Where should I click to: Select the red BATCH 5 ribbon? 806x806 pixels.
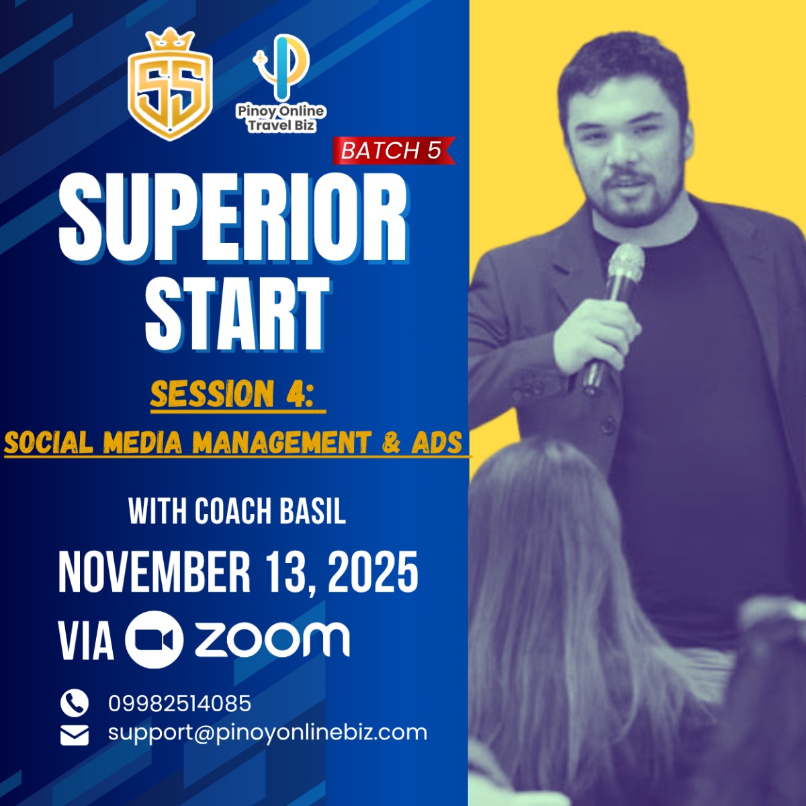pyautogui.click(x=394, y=150)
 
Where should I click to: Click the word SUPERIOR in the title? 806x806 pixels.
pyautogui.click(x=232, y=217)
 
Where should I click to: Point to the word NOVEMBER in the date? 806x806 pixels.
pyautogui.click(x=154, y=571)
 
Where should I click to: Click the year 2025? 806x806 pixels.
pyautogui.click(x=373, y=571)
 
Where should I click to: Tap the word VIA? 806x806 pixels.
pyautogui.click(x=86, y=641)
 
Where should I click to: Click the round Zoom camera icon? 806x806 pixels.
pyautogui.click(x=154, y=640)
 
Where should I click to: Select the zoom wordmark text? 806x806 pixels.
pyautogui.click(x=272, y=640)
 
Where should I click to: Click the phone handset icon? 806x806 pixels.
pyautogui.click(x=75, y=703)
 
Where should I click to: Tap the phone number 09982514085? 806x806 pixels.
pyautogui.click(x=180, y=703)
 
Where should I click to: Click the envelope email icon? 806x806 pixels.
pyautogui.click(x=75, y=735)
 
